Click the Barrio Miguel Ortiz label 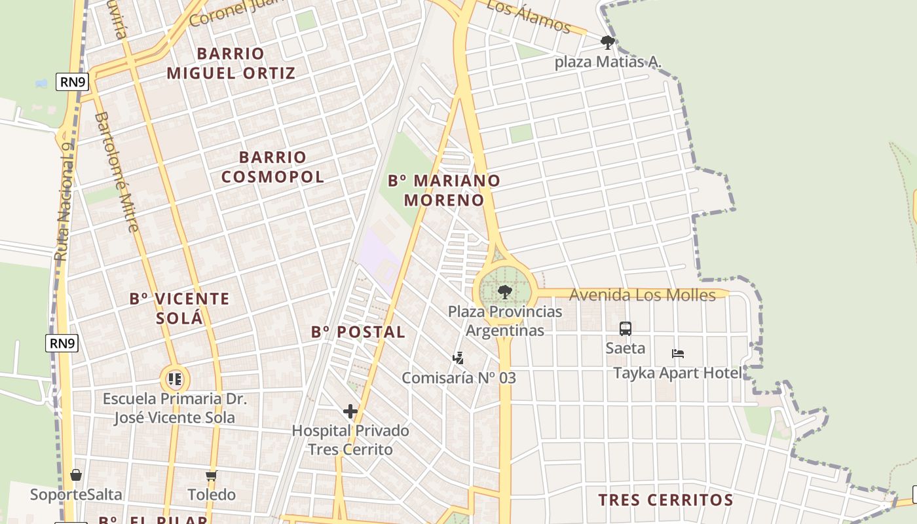click(x=231, y=63)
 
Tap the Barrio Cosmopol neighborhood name click(x=272, y=167)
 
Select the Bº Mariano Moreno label click(x=444, y=190)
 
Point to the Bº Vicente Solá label click(x=179, y=309)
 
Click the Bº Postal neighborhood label click(x=358, y=332)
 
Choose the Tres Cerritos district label click(x=665, y=500)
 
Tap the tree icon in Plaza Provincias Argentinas click(x=504, y=291)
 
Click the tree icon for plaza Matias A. click(x=607, y=43)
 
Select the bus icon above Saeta click(x=626, y=329)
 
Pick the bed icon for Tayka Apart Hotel click(x=678, y=354)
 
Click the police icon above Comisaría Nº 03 click(x=458, y=358)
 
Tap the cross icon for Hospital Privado click(x=350, y=411)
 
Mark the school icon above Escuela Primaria click(x=174, y=379)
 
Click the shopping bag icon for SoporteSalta click(x=76, y=475)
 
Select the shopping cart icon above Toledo click(x=211, y=476)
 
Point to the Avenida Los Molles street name click(x=642, y=295)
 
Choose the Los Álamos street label click(x=529, y=16)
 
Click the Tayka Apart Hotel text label click(x=678, y=373)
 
